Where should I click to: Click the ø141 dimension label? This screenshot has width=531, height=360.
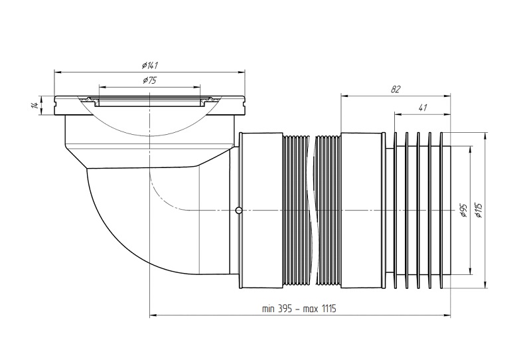150,64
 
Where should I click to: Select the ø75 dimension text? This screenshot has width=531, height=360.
149,80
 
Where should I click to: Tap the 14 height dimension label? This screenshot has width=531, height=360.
35,106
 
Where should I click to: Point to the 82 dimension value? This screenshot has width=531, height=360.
396,90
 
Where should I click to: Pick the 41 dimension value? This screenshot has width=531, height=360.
422,108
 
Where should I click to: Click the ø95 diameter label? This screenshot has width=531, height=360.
463,211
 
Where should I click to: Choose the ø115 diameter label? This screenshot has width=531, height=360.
478,210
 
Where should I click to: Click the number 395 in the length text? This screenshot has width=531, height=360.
285,309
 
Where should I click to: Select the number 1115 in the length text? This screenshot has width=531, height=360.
329,309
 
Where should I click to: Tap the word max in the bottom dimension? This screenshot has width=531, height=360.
311,309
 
